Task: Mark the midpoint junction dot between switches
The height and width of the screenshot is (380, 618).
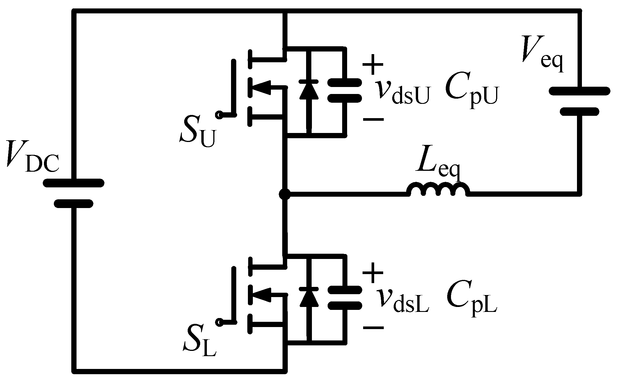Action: click(285, 194)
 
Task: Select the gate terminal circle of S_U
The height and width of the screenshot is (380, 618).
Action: click(219, 115)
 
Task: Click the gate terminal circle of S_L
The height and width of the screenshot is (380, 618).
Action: click(219, 322)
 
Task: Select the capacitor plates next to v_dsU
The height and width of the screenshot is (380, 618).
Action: click(345, 90)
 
